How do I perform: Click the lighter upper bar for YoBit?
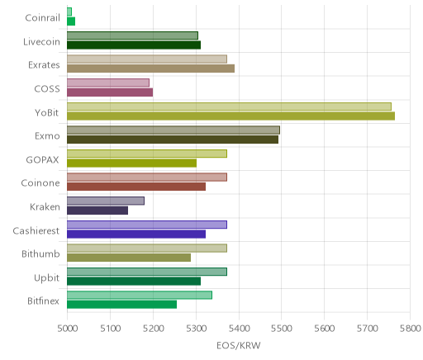[229, 107]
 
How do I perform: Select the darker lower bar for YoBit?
[231, 116]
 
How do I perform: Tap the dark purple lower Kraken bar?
[97, 211]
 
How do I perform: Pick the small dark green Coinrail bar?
[71, 21]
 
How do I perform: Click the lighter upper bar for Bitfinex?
[140, 296]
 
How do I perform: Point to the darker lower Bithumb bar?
[129, 258]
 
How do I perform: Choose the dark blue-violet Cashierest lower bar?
[136, 234]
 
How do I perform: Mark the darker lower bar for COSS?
[110, 92]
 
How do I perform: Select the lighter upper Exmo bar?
[173, 130]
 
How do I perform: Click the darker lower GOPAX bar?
[131, 163]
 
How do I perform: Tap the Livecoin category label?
[41, 42]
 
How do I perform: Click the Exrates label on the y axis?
[44, 65]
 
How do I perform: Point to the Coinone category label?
[40, 183]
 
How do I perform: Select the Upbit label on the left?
[46, 278]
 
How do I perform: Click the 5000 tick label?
[68, 329]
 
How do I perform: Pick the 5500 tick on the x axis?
[282, 329]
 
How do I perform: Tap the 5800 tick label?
[411, 329]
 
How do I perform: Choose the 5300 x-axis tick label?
[196, 329]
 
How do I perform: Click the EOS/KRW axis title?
[239, 346]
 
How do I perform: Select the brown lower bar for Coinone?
[136, 187]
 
